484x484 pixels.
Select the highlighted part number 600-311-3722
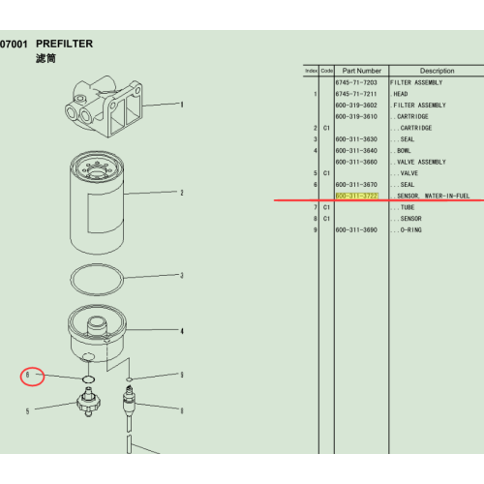(357, 196)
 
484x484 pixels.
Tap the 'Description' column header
(437, 71)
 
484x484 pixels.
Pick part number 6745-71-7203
(356, 83)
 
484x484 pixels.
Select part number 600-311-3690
(356, 229)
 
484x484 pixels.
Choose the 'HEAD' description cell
(401, 94)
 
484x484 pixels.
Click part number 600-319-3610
(356, 116)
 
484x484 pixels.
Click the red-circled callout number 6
(29, 375)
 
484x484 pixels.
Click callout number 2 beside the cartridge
(181, 193)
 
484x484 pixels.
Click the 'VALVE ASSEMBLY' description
(419, 162)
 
